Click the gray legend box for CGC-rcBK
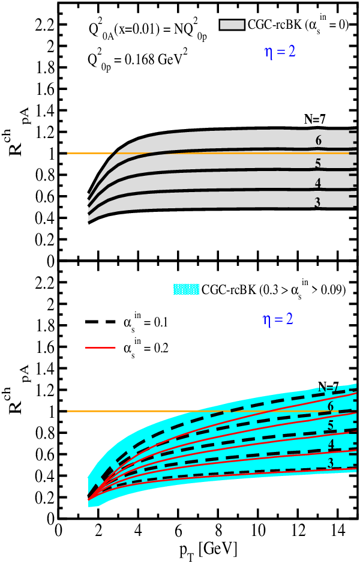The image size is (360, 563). coord(232,25)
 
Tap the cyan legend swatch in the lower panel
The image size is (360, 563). coord(186,289)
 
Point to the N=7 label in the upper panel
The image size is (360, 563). coord(315,119)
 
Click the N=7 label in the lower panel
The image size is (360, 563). coord(328,387)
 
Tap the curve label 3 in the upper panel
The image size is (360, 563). coord(317,202)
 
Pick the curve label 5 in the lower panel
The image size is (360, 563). coord(331,426)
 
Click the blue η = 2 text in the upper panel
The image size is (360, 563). coord(280,52)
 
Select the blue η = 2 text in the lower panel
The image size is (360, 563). coord(278,319)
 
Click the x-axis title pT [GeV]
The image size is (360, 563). coord(209,550)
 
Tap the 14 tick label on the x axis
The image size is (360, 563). coord(337,531)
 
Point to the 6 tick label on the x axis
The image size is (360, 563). coord(178,531)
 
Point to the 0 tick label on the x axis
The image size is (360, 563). coord(59,531)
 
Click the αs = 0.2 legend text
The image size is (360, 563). coord(146,348)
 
